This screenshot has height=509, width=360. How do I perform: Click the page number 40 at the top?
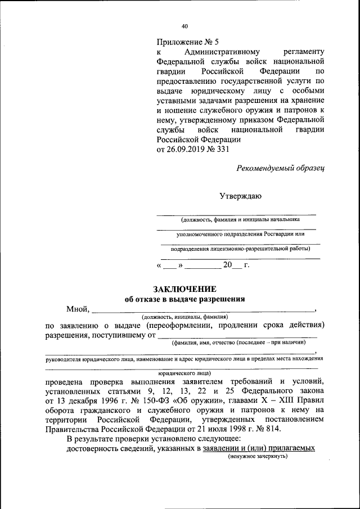[185, 26]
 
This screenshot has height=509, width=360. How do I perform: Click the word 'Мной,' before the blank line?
[78, 309]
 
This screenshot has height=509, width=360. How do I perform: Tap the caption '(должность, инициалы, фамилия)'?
[184, 317]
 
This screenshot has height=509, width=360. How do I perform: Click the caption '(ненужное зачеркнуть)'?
[258, 456]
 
